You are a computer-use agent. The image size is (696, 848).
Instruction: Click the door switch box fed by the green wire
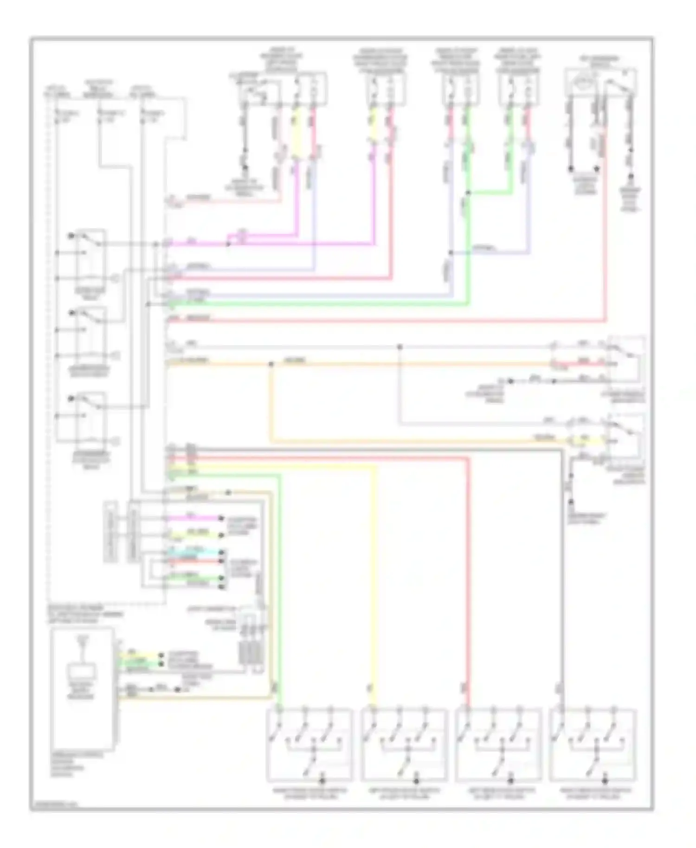(x=309, y=744)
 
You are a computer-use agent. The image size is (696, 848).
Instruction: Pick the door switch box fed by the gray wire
(x=593, y=744)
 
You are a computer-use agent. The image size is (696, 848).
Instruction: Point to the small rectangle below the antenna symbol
(x=82, y=671)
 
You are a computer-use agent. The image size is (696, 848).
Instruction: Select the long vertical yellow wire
(x=374, y=580)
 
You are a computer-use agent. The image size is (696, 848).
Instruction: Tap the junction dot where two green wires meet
(x=468, y=193)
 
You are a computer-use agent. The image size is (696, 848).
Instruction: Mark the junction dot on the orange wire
(x=271, y=364)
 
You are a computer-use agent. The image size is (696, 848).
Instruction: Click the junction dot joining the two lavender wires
(x=451, y=253)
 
